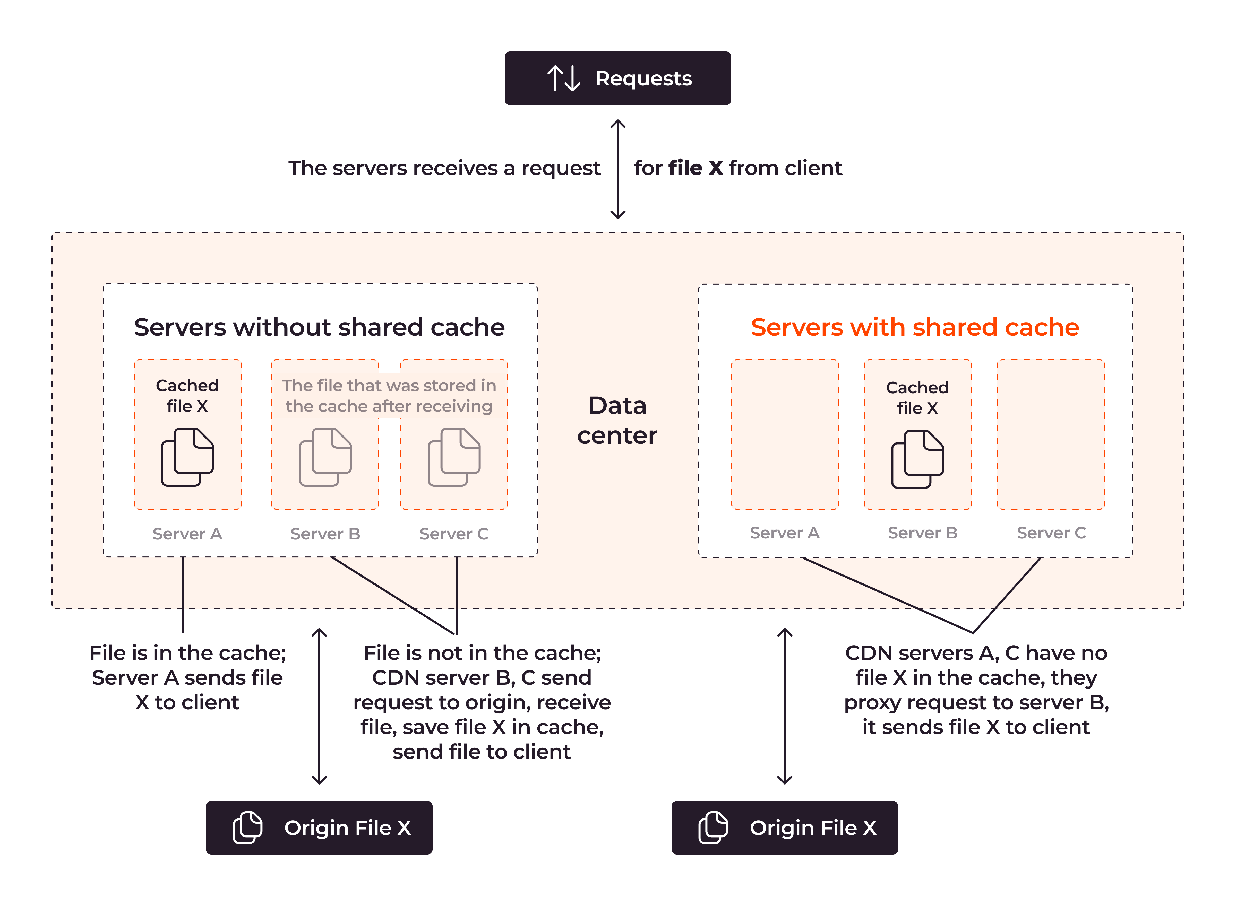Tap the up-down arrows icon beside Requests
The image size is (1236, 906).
(563, 79)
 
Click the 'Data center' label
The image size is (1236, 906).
(617, 420)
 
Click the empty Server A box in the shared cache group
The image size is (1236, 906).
(785, 434)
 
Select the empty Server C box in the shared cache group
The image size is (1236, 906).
(1051, 434)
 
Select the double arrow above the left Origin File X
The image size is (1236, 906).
(319, 706)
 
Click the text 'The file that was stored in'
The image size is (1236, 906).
(389, 386)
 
